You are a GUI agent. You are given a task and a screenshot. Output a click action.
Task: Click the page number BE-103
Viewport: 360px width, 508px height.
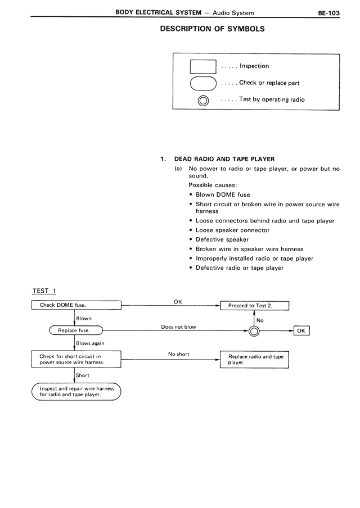[328, 12]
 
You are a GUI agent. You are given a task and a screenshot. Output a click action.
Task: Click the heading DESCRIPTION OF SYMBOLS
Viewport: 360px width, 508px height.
[212, 28]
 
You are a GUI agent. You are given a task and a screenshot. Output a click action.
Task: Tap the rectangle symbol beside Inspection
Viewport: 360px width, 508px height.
[202, 66]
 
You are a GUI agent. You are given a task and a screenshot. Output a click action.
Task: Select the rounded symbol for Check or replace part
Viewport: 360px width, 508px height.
[202, 83]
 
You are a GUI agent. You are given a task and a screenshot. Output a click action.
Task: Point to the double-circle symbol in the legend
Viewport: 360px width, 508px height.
[203, 101]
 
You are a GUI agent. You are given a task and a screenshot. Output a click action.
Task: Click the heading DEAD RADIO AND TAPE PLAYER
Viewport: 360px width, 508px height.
[224, 159]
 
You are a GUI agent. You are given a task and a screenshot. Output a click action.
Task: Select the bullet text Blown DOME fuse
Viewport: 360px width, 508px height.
[223, 194]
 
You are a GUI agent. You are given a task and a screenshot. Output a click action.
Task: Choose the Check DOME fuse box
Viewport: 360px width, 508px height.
[76, 305]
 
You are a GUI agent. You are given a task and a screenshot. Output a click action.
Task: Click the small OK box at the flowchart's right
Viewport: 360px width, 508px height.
[301, 330]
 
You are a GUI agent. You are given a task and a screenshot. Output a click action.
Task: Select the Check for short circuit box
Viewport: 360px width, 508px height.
[76, 359]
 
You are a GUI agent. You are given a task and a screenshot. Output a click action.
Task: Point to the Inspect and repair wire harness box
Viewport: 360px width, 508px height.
[76, 391]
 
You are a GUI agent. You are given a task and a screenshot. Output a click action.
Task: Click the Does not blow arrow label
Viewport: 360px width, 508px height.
[178, 326]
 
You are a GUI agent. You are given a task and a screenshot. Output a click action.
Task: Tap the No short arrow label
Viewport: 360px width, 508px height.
[179, 355]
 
